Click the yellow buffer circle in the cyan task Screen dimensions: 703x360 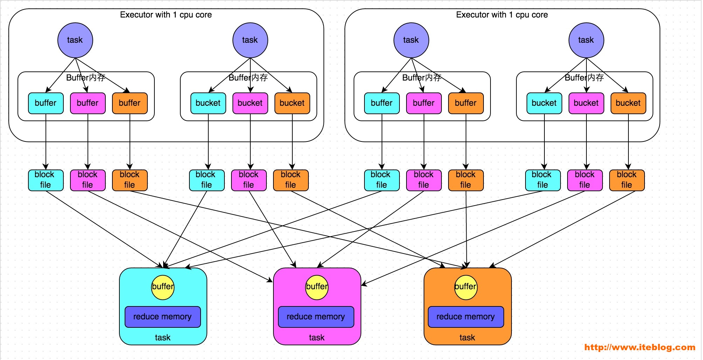click(163, 288)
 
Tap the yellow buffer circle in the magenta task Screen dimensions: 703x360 click(317, 288)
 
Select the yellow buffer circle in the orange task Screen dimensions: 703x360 click(466, 288)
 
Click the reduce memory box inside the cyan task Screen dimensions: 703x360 click(163, 317)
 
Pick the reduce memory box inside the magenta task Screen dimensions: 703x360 click(316, 317)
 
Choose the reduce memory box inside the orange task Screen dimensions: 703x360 click(466, 317)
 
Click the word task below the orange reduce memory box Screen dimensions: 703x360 click(467, 338)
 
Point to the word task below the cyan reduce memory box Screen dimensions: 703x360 click(163, 338)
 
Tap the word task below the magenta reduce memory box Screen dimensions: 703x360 click(317, 338)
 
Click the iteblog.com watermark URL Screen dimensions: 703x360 click(640, 347)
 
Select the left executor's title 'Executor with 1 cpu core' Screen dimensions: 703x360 click(166, 15)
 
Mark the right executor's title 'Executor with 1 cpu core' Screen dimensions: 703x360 click(502, 15)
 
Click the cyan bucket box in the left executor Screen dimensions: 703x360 click(208, 103)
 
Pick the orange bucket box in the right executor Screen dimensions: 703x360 click(628, 103)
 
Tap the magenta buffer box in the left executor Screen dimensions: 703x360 click(88, 103)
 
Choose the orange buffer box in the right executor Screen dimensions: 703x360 click(466, 103)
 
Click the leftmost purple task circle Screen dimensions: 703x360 click(75, 40)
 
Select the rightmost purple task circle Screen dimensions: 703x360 click(586, 40)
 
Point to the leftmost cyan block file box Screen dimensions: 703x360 click(46, 180)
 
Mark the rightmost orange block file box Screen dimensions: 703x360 click(627, 180)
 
